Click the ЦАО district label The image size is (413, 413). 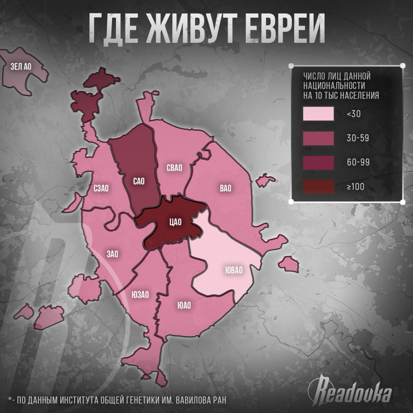pyautogui.click(x=176, y=222)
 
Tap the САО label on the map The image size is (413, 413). pyautogui.click(x=139, y=181)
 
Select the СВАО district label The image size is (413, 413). pyautogui.click(x=175, y=168)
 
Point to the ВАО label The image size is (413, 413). pyautogui.click(x=226, y=188)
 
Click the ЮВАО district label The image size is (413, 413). pyautogui.click(x=233, y=270)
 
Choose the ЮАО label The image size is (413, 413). pyautogui.click(x=184, y=305)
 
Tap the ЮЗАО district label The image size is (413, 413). pyautogui.click(x=140, y=294)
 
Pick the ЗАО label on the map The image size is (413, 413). pyautogui.click(x=112, y=254)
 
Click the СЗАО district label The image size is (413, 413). pyautogui.click(x=101, y=188)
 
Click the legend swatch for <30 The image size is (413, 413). pyautogui.click(x=318, y=114)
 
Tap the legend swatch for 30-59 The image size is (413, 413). pyautogui.click(x=318, y=138)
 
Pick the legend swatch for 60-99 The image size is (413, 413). pyautogui.click(x=318, y=162)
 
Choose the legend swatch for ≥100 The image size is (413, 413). pyautogui.click(x=318, y=186)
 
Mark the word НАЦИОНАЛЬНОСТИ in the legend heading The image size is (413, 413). pyautogui.click(x=334, y=86)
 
